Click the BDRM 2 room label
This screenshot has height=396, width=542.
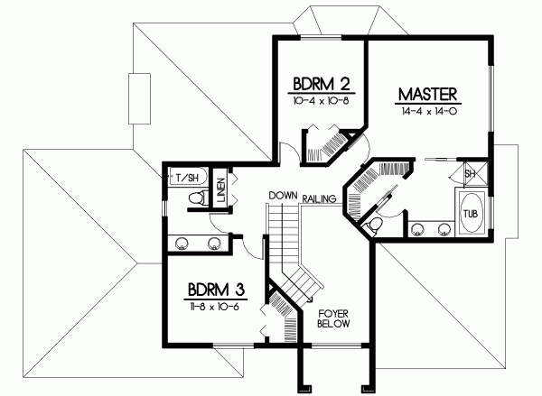320,86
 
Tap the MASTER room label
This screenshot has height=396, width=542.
429,93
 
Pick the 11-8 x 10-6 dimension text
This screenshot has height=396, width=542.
216,307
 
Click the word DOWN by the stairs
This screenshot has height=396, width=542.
283,195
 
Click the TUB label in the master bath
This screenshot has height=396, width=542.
471,214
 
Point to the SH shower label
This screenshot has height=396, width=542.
471,174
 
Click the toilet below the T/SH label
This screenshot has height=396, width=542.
192,198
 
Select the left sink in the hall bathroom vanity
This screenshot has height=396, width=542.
182,242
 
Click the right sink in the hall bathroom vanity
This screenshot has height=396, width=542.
215,242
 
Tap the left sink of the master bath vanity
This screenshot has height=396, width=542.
418,228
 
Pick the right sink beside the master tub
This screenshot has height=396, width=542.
444,228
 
